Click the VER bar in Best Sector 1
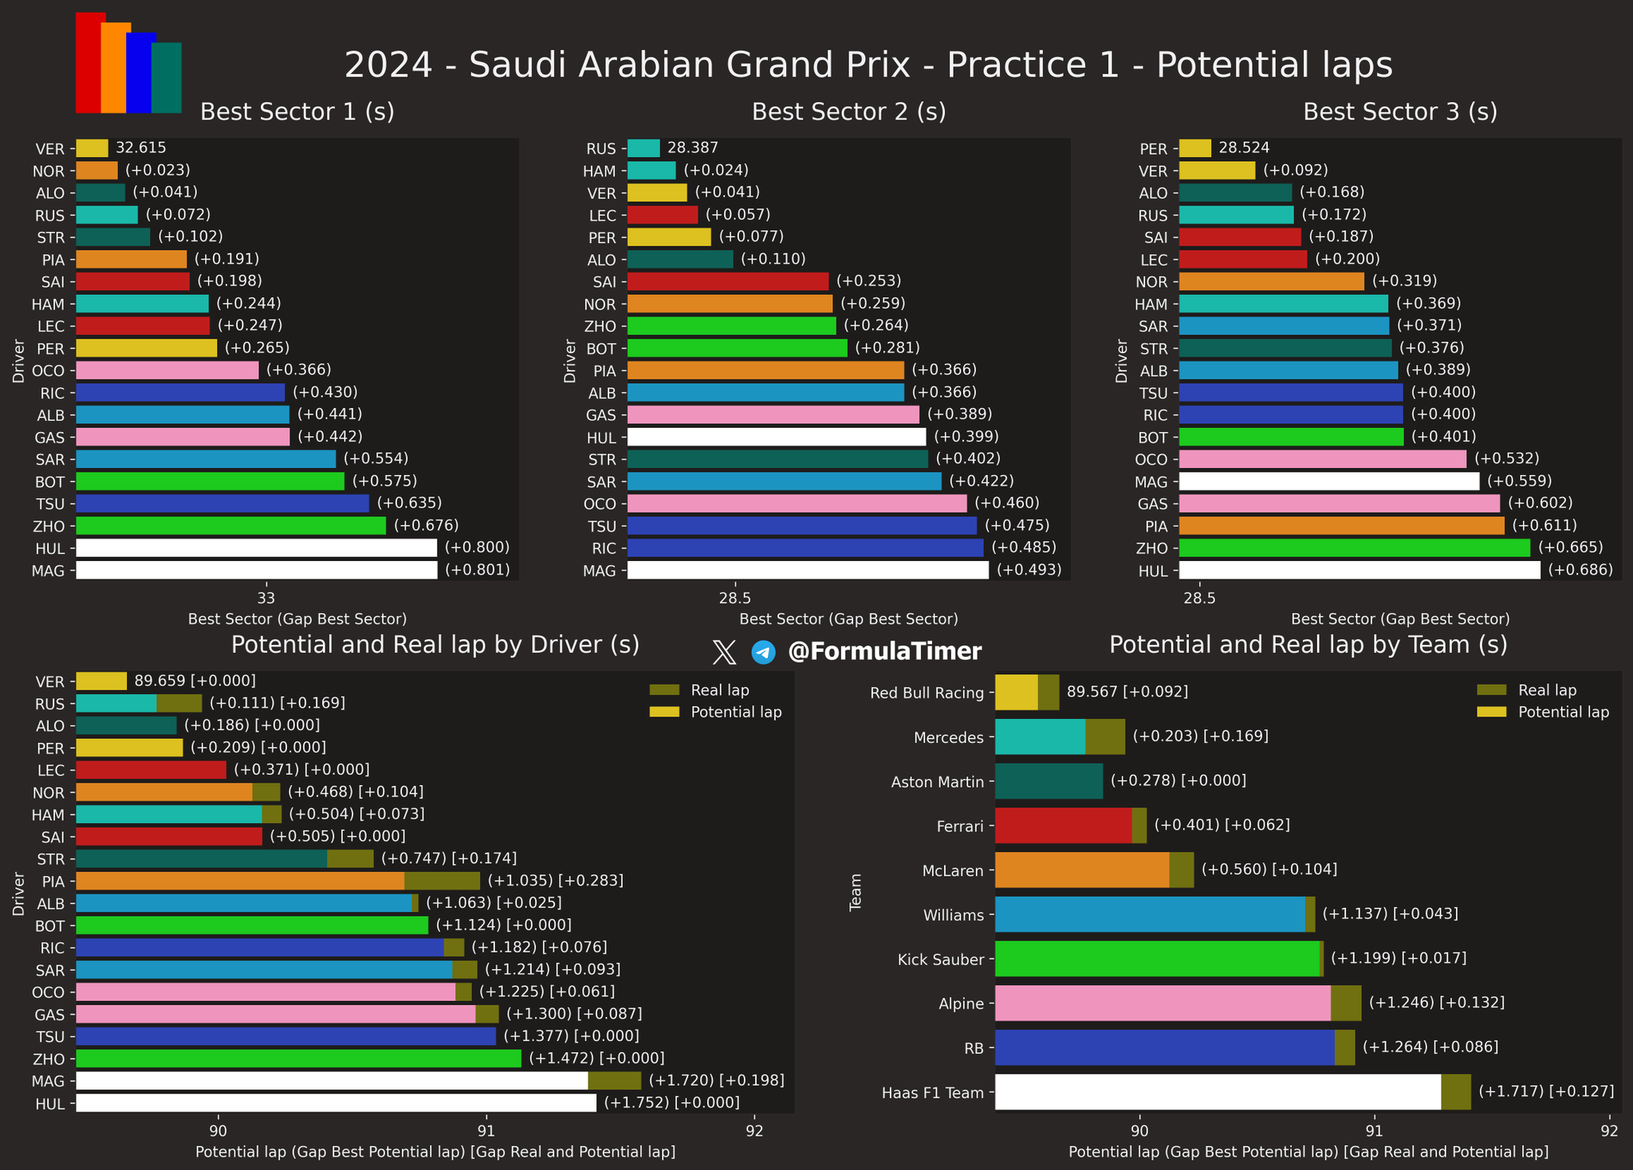pyautogui.click(x=92, y=148)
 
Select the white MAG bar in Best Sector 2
pyautogui.click(x=808, y=570)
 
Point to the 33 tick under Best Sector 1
pyautogui.click(x=266, y=598)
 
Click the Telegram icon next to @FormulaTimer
pyautogui.click(x=763, y=652)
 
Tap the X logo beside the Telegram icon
pyautogui.click(x=724, y=652)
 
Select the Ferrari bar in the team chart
pyautogui.click(x=1063, y=826)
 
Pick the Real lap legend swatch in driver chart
pyautogui.click(x=663, y=690)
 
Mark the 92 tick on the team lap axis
pyautogui.click(x=1608, y=1130)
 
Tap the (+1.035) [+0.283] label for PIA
pyautogui.click(x=555, y=881)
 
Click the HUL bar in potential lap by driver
pyautogui.click(x=336, y=1103)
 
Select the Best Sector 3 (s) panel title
pyautogui.click(x=1399, y=112)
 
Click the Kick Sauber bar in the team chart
pyautogui.click(x=1157, y=959)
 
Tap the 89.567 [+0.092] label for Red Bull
pyautogui.click(x=1127, y=692)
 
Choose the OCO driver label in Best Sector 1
pyautogui.click(x=49, y=371)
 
